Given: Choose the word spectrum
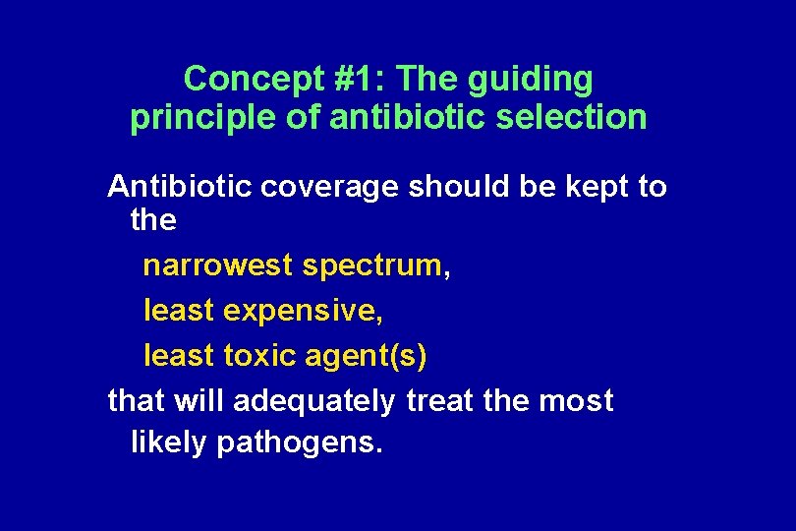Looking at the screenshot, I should point(372,266).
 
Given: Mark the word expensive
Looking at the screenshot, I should point(304,311).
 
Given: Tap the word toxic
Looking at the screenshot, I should point(258,355).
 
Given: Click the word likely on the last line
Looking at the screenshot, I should point(168,443).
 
